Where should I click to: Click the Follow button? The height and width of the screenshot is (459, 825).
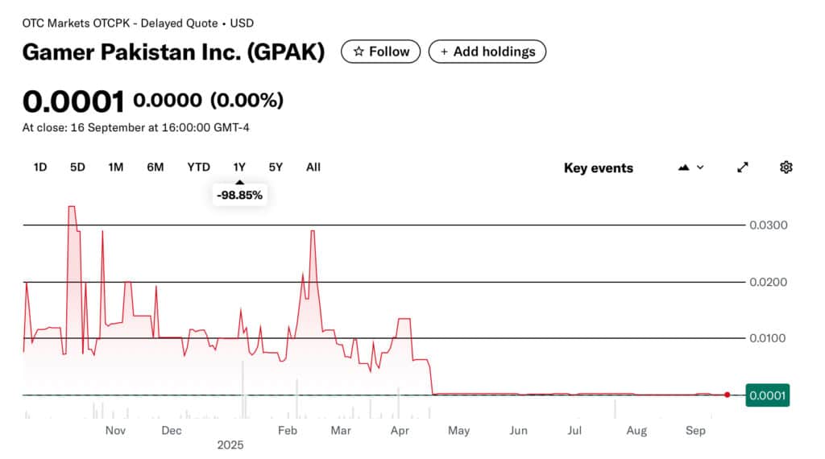click(x=381, y=52)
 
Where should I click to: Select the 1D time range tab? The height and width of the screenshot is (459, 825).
click(x=40, y=167)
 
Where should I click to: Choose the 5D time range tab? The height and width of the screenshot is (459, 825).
click(x=77, y=167)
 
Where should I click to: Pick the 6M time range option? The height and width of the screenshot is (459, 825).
click(x=155, y=167)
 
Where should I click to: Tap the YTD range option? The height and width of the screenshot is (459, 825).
click(x=198, y=167)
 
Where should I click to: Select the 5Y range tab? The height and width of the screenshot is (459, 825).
click(x=276, y=167)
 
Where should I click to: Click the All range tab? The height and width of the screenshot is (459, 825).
click(x=313, y=167)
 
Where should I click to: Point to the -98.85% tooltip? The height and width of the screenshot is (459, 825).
click(x=239, y=195)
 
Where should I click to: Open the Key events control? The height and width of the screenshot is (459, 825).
click(x=598, y=168)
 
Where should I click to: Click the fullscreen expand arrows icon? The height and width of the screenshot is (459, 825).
click(x=743, y=167)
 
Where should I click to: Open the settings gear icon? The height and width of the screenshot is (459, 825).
click(x=786, y=167)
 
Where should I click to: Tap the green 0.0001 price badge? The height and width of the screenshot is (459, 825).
click(x=768, y=395)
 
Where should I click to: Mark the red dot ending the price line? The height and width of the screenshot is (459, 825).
click(x=728, y=395)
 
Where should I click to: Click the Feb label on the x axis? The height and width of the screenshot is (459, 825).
click(x=288, y=431)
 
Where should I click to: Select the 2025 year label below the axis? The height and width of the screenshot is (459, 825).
click(x=230, y=445)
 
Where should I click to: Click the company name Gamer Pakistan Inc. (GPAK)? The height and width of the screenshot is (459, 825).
click(x=173, y=52)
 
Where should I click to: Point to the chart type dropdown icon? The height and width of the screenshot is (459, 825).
click(x=691, y=167)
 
